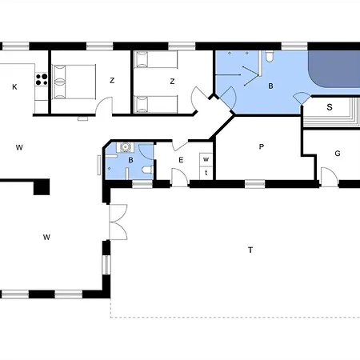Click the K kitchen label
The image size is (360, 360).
pyautogui.click(x=14, y=87)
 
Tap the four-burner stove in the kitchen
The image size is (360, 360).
pyautogui.click(x=42, y=79)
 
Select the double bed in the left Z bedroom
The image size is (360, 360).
pyautogui.click(x=74, y=82)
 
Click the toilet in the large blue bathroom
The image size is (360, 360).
pyautogui.click(x=270, y=57)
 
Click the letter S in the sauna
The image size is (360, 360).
pyautogui.click(x=330, y=107)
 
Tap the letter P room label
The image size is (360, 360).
pyautogui.click(x=262, y=146)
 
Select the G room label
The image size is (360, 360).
pyautogui.click(x=338, y=154)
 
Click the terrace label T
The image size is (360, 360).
pyautogui.click(x=250, y=250)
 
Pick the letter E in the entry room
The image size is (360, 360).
pyautogui.click(x=181, y=160)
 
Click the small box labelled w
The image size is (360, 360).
pyautogui.click(x=206, y=159)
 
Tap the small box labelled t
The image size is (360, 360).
pyautogui.click(x=206, y=173)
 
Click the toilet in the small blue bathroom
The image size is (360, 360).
pyautogui.click(x=147, y=170)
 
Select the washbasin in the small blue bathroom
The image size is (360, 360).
pyautogui.click(x=125, y=147)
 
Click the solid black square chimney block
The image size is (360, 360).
pyautogui.click(x=42, y=187)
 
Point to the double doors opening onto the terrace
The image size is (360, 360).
pyautogui.click(x=118, y=222)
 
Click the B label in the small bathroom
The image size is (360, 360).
pyautogui.click(x=130, y=160)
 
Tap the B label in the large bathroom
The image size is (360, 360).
pyautogui.click(x=270, y=86)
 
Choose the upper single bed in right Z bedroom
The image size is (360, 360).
pyautogui.click(x=156, y=59)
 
